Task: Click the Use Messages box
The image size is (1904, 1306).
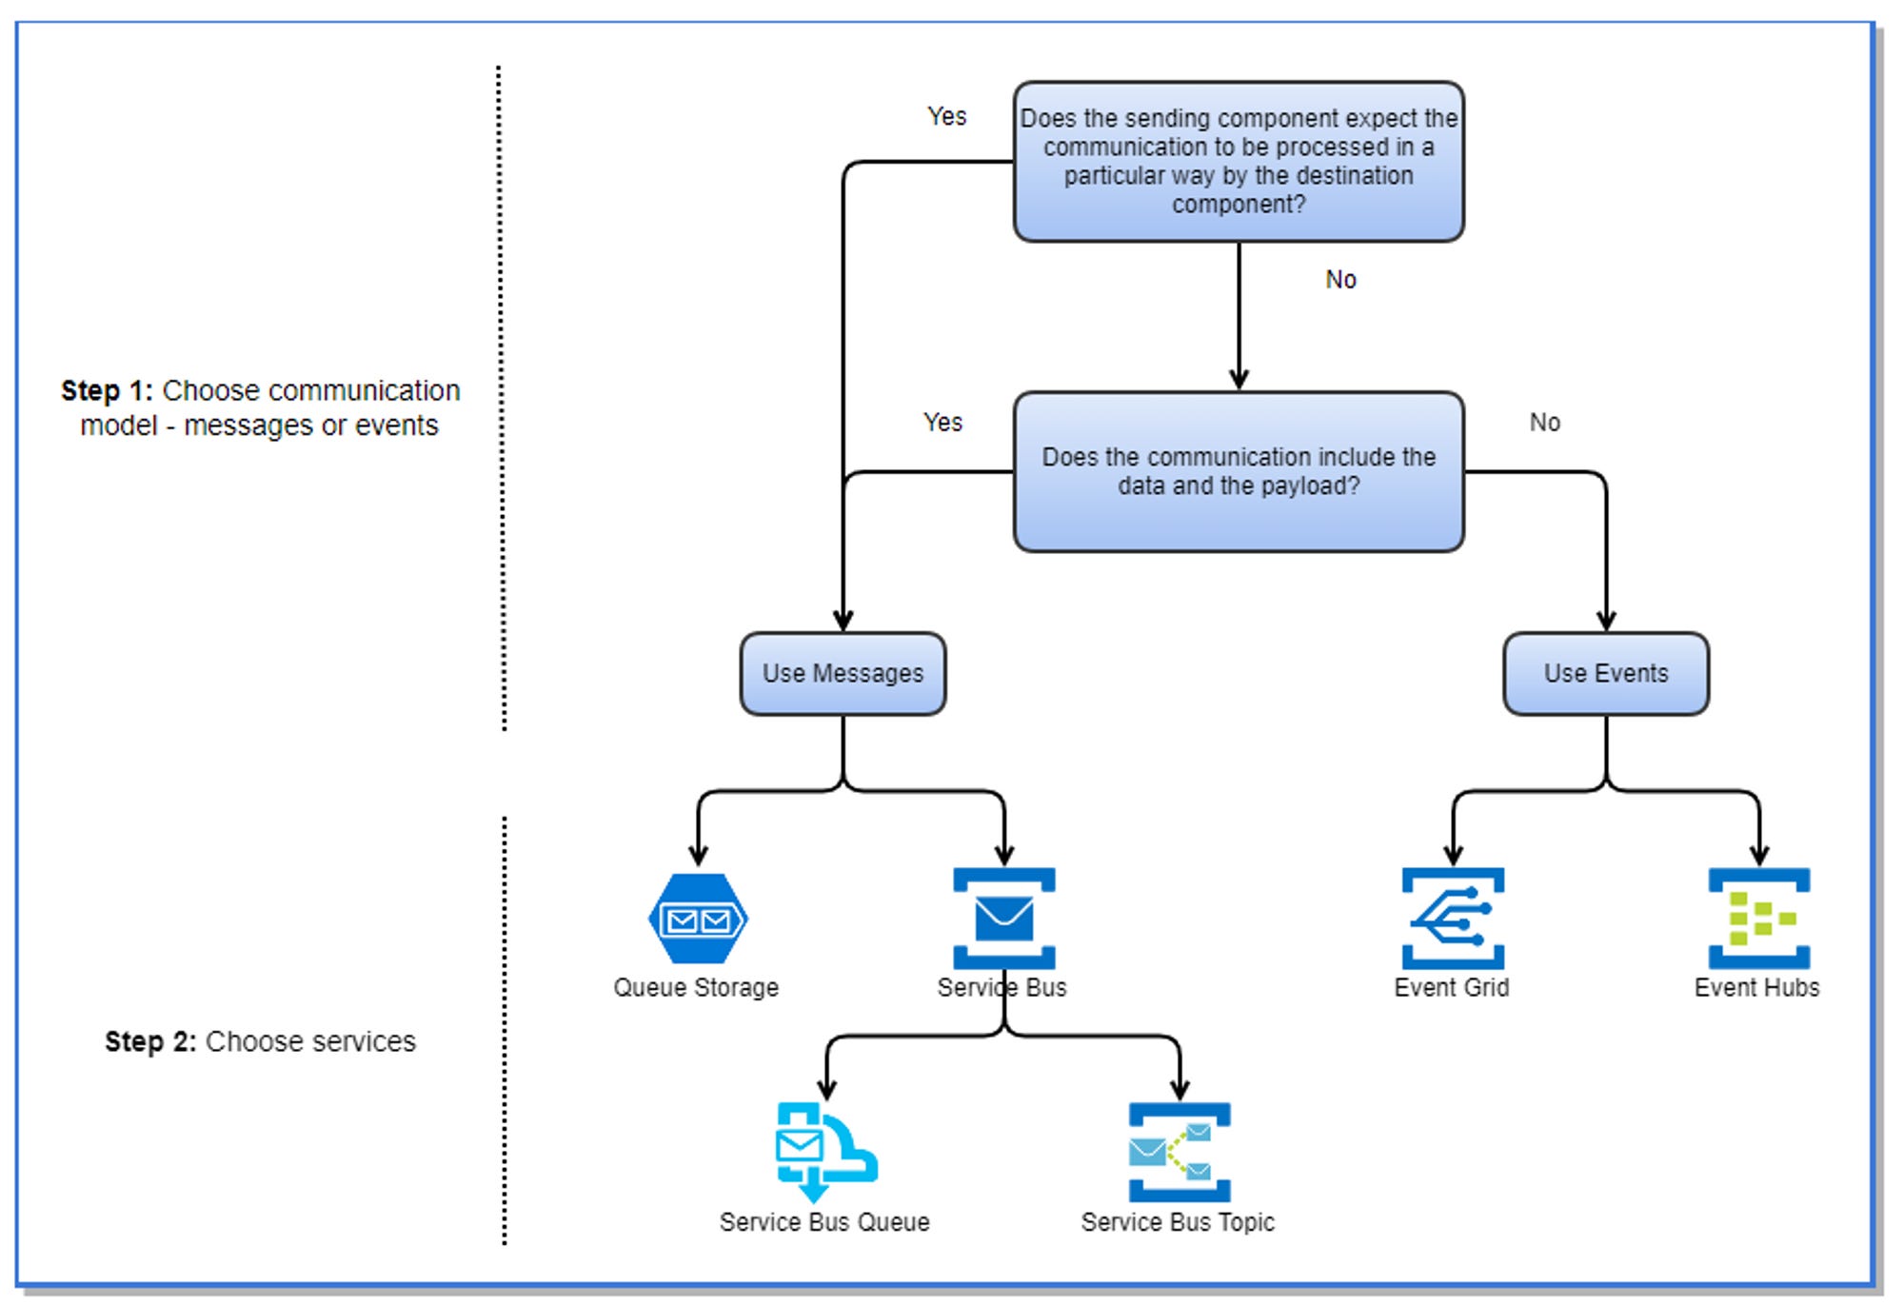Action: (843, 673)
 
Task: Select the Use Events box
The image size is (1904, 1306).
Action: (1605, 673)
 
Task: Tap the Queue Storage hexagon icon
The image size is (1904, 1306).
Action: (698, 919)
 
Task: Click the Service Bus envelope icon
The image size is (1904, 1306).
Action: (1003, 918)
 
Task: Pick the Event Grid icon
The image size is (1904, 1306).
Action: (1452, 919)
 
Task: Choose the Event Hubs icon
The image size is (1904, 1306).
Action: (1758, 919)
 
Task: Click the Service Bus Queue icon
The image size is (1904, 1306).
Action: (824, 1152)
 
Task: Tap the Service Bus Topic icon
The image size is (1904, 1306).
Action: (1179, 1152)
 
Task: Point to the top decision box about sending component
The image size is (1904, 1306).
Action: (1238, 161)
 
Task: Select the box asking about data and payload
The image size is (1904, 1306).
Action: (1238, 471)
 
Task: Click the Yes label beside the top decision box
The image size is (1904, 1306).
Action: (946, 116)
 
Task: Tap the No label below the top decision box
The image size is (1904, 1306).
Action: (1340, 279)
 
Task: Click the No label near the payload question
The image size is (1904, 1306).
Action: (1544, 422)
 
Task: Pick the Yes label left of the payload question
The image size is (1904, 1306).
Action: (942, 422)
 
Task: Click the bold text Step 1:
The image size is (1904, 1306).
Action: (107, 390)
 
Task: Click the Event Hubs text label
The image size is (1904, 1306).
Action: (1756, 987)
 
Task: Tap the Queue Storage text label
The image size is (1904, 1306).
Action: (696, 987)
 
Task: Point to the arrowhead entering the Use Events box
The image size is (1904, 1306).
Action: (1606, 622)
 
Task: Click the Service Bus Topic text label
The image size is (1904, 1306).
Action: (1178, 1221)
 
